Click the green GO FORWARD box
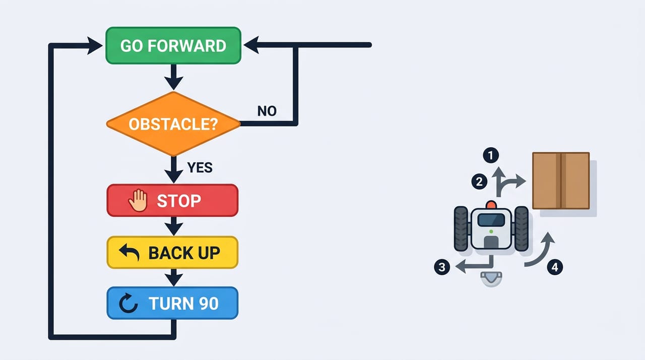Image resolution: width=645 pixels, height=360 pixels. [x=173, y=45]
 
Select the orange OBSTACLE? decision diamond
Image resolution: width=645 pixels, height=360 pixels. [x=173, y=124]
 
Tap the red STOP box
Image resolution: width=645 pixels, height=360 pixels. [x=172, y=201]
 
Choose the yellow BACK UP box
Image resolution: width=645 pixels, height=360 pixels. [x=172, y=252]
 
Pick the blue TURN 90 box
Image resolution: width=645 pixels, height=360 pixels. [x=172, y=303]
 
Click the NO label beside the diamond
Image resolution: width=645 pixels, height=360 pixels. [x=267, y=111]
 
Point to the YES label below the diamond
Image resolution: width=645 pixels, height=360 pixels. [x=200, y=167]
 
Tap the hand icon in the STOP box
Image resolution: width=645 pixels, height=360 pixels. [x=138, y=201]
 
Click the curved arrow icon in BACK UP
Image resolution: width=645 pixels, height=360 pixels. [x=130, y=252]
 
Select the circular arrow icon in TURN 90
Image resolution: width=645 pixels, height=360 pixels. [x=128, y=303]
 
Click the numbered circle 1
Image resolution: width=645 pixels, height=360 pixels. [x=491, y=155]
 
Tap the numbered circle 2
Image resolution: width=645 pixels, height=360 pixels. [x=479, y=182]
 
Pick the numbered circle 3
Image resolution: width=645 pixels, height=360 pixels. [x=442, y=267]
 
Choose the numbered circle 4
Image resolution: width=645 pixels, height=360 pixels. [x=555, y=267]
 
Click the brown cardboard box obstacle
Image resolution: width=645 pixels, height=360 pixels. [x=561, y=181]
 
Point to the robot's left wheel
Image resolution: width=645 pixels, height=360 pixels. [x=461, y=229]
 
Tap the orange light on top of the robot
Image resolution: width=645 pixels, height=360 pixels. [x=491, y=205]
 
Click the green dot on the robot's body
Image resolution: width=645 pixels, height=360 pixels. [x=491, y=231]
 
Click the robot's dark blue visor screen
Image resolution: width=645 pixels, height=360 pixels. [x=491, y=220]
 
